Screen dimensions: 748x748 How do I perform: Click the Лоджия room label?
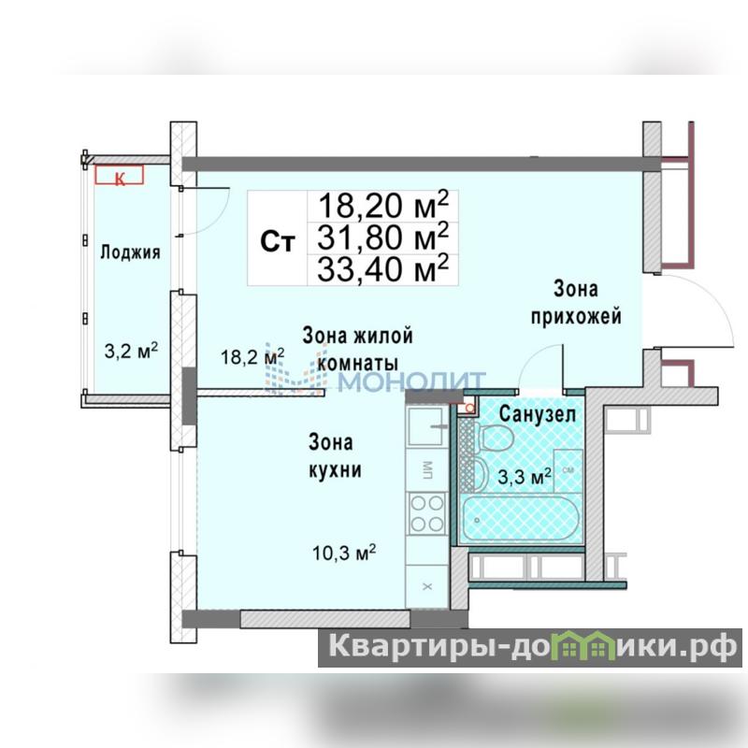[x=130, y=252]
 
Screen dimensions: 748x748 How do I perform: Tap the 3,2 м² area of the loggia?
[x=131, y=352]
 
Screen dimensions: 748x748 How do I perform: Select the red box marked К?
[x=120, y=175]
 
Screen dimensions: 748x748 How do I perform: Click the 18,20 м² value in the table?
[x=383, y=206]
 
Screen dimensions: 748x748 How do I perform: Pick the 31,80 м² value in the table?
[x=383, y=237]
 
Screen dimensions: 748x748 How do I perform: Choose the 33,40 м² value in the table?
[x=383, y=268]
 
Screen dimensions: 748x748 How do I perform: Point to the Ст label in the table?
[x=278, y=241]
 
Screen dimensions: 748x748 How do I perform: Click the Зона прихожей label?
[x=576, y=302]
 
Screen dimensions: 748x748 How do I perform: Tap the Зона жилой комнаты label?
[x=357, y=349]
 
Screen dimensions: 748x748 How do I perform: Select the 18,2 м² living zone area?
[x=252, y=356]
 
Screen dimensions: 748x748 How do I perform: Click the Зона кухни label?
[x=335, y=455]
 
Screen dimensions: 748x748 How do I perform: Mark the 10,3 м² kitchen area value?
[x=344, y=553]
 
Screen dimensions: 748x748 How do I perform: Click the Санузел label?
[x=538, y=414]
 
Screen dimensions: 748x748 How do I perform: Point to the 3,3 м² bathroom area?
[x=525, y=476]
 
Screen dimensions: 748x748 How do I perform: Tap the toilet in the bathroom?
[x=496, y=438]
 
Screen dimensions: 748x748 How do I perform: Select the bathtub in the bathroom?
[x=522, y=519]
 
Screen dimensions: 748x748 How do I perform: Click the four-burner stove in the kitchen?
[x=426, y=513]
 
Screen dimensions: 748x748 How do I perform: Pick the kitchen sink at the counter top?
[x=426, y=425]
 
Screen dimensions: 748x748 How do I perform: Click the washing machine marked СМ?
[x=568, y=471]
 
